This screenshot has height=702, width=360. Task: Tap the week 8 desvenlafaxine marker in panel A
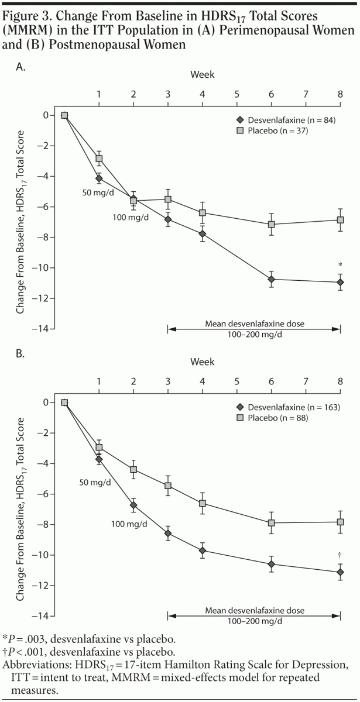341,283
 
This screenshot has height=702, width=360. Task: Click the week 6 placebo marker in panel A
272,224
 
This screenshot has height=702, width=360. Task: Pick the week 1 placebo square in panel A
99,159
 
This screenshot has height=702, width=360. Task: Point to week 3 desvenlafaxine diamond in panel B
168,534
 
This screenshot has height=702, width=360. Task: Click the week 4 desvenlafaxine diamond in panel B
203,550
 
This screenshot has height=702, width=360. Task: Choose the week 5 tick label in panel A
237,94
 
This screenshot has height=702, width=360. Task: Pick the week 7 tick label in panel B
306,381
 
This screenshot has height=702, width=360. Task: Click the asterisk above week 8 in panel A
341,265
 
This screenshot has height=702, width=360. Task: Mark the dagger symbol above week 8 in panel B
340,554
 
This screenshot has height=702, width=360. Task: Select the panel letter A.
21,68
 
